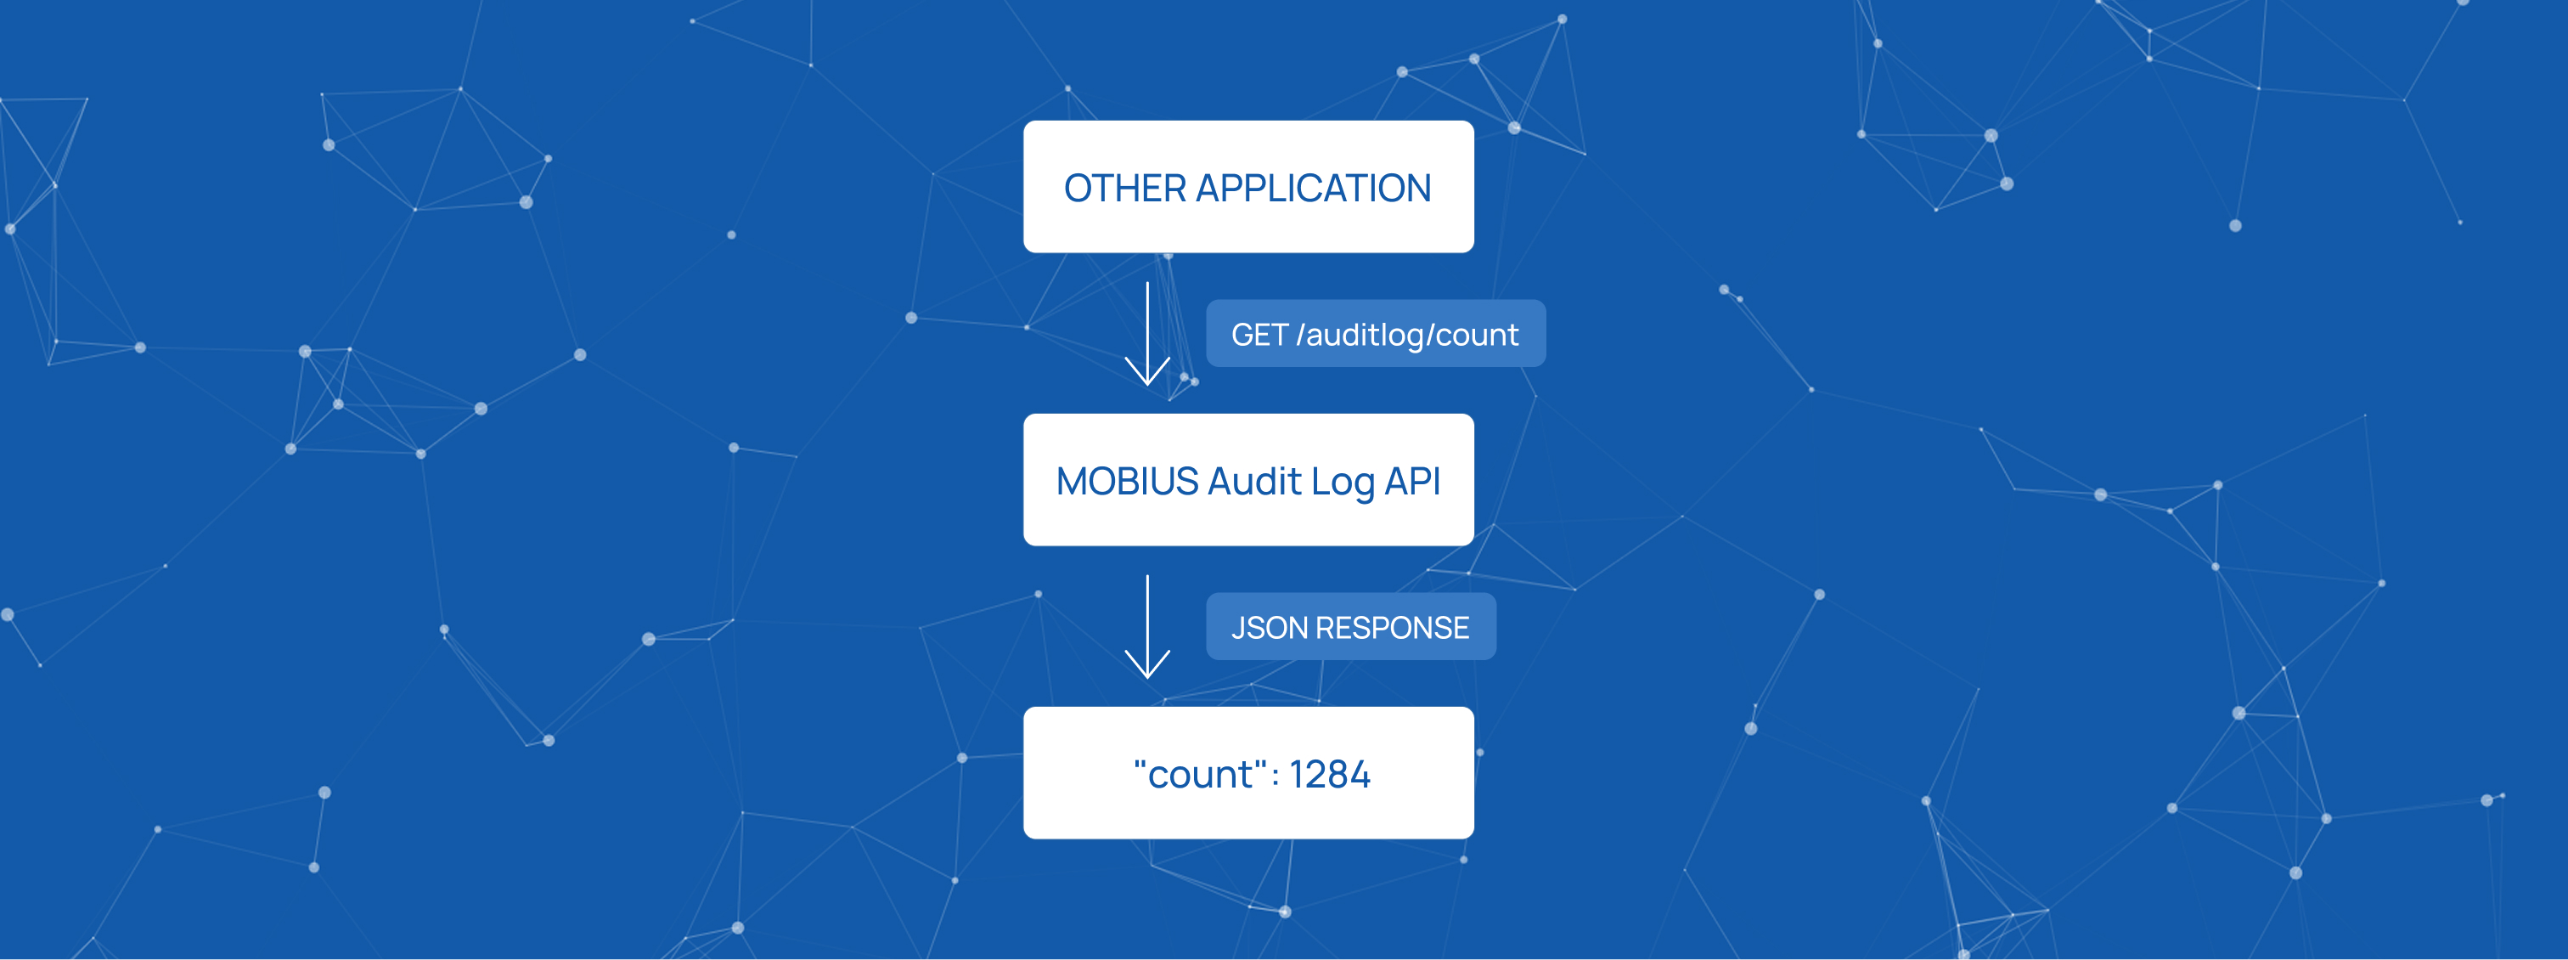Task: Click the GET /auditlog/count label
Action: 1376,334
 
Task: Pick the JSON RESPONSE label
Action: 1351,627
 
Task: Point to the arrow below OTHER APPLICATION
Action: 1147,333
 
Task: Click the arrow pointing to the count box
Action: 1147,626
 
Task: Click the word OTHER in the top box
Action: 1125,189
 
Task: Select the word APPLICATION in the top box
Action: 1314,189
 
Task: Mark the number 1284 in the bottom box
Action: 1330,775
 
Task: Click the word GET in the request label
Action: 1260,335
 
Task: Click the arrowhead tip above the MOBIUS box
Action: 1147,385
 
